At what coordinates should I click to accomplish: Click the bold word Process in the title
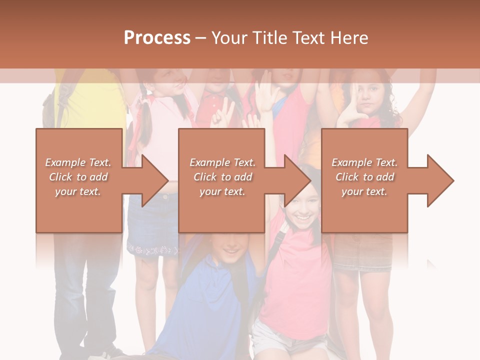pos(157,38)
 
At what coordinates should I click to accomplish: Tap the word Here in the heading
pos(349,38)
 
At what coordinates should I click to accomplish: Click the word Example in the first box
pos(65,162)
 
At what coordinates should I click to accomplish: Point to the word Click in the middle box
pos(204,177)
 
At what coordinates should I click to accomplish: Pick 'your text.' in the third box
pos(364,191)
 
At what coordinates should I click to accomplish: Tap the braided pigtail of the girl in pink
pos(145,120)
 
